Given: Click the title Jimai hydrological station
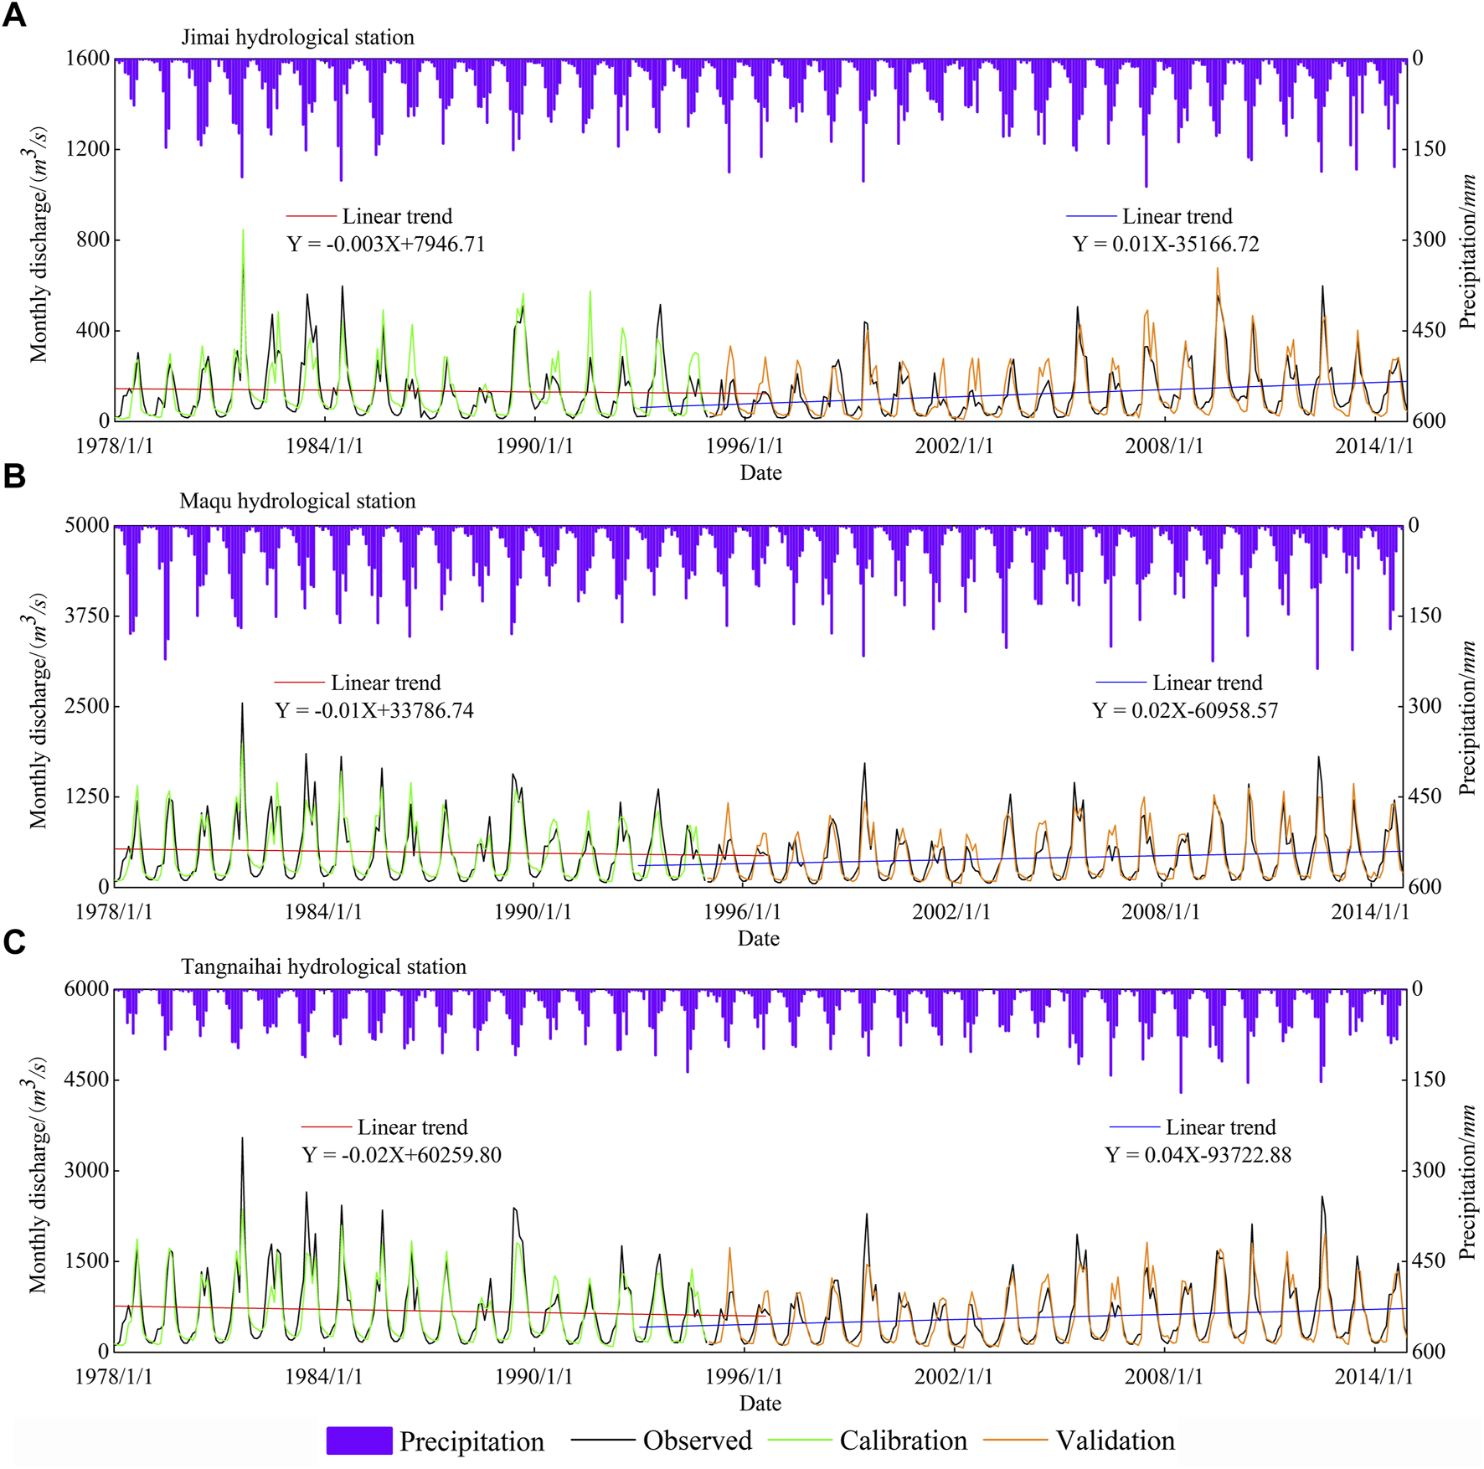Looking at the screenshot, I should coord(297,38).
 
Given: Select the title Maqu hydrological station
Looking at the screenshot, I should coord(297,501).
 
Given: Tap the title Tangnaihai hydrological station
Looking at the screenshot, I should coord(323,966).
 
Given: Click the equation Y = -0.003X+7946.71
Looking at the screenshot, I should coord(385,244).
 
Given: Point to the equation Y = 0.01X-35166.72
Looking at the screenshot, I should coord(1165,244).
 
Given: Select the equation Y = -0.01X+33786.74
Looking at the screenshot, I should coord(374,710).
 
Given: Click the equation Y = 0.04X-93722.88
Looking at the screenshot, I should coord(1198,1155).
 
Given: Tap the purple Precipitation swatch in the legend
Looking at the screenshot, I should coord(358,1440).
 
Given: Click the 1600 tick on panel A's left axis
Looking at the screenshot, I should coord(87,59).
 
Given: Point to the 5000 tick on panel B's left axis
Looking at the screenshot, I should coord(87,525).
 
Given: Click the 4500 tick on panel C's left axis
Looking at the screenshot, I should coord(87,1080).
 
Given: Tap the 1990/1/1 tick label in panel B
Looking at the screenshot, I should coord(533,911).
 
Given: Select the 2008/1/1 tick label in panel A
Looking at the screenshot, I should coord(1163,446).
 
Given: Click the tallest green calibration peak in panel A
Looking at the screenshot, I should coord(243,231).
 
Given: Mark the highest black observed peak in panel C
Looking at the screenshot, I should coord(242,1139).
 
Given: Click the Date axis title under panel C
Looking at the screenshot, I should coord(760,1403).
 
